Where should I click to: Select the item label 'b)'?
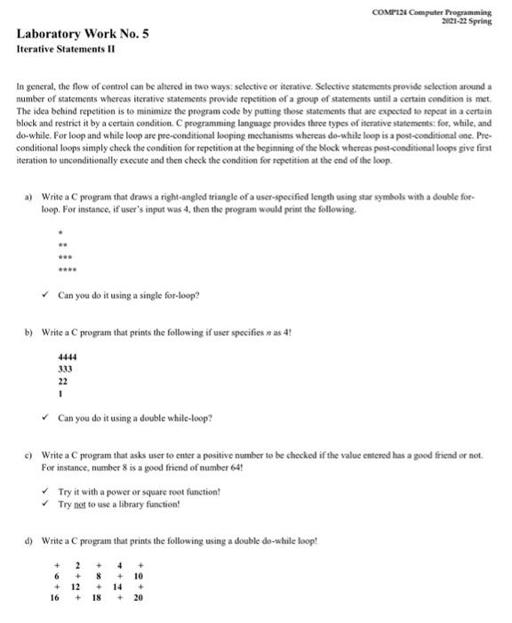point(30,331)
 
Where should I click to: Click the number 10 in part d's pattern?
point(138,577)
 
